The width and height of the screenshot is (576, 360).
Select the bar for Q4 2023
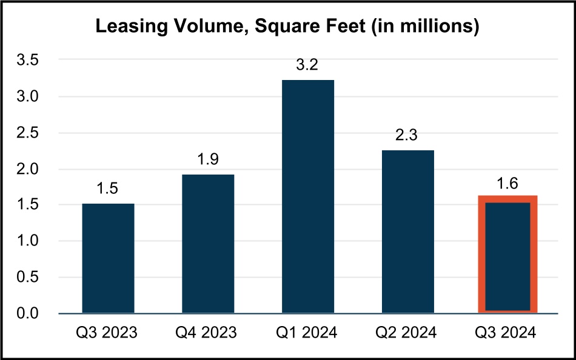click(x=208, y=244)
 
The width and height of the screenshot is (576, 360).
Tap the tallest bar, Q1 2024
click(x=307, y=196)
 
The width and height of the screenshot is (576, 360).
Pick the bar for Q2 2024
click(x=407, y=232)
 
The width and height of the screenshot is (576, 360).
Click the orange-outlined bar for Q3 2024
click(x=507, y=255)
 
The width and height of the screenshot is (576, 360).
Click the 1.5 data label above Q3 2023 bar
click(x=108, y=189)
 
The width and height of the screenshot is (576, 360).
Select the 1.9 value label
click(x=208, y=160)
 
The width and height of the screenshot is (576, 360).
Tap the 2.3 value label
click(x=407, y=136)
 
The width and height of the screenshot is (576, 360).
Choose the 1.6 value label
click(x=507, y=182)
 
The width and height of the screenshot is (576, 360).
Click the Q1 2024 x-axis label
click(x=307, y=333)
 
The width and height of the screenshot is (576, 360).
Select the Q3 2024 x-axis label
click(x=507, y=333)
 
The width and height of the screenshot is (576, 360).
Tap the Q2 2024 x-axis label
click(x=407, y=333)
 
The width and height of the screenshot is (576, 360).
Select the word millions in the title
click(x=442, y=28)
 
